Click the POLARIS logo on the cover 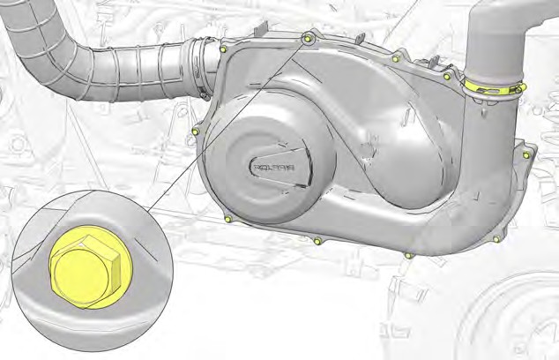click(273, 168)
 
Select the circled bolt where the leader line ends click(308, 37)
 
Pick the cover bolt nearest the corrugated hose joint click(223, 49)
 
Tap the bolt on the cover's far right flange click(525, 154)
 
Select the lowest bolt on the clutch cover click(409, 256)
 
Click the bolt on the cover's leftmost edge click(195, 132)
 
